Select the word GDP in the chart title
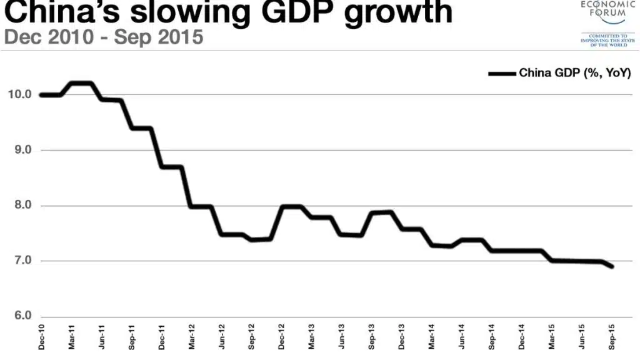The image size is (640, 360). click(x=302, y=12)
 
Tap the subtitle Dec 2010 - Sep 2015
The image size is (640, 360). click(x=104, y=37)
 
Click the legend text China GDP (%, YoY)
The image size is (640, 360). click(x=575, y=72)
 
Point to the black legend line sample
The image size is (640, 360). click(x=502, y=73)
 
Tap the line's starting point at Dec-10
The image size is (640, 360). click(x=41, y=95)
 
